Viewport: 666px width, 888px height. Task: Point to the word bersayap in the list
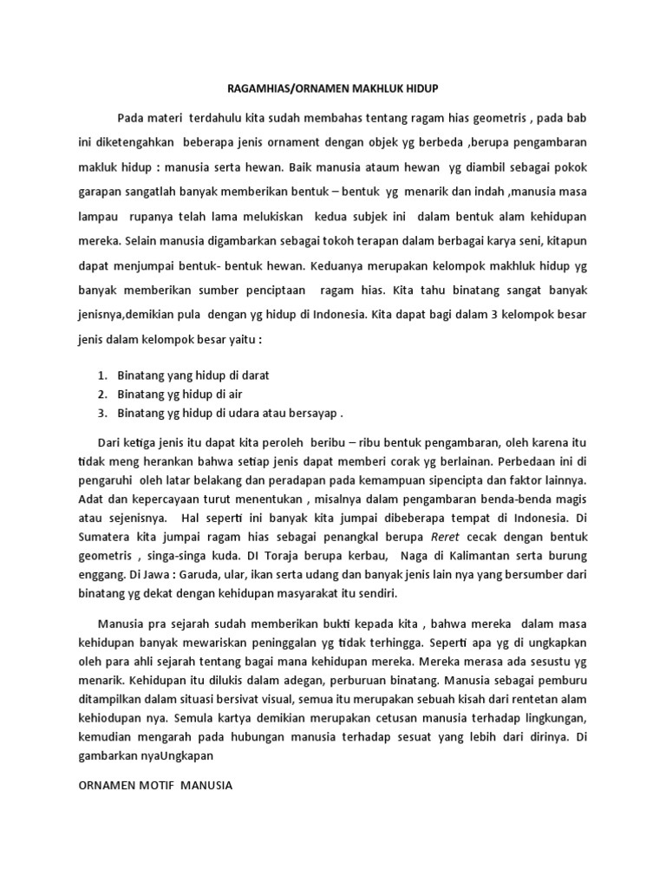(x=310, y=412)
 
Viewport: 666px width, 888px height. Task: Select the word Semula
(x=197, y=718)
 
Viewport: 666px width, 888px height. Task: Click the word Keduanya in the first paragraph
(x=336, y=257)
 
